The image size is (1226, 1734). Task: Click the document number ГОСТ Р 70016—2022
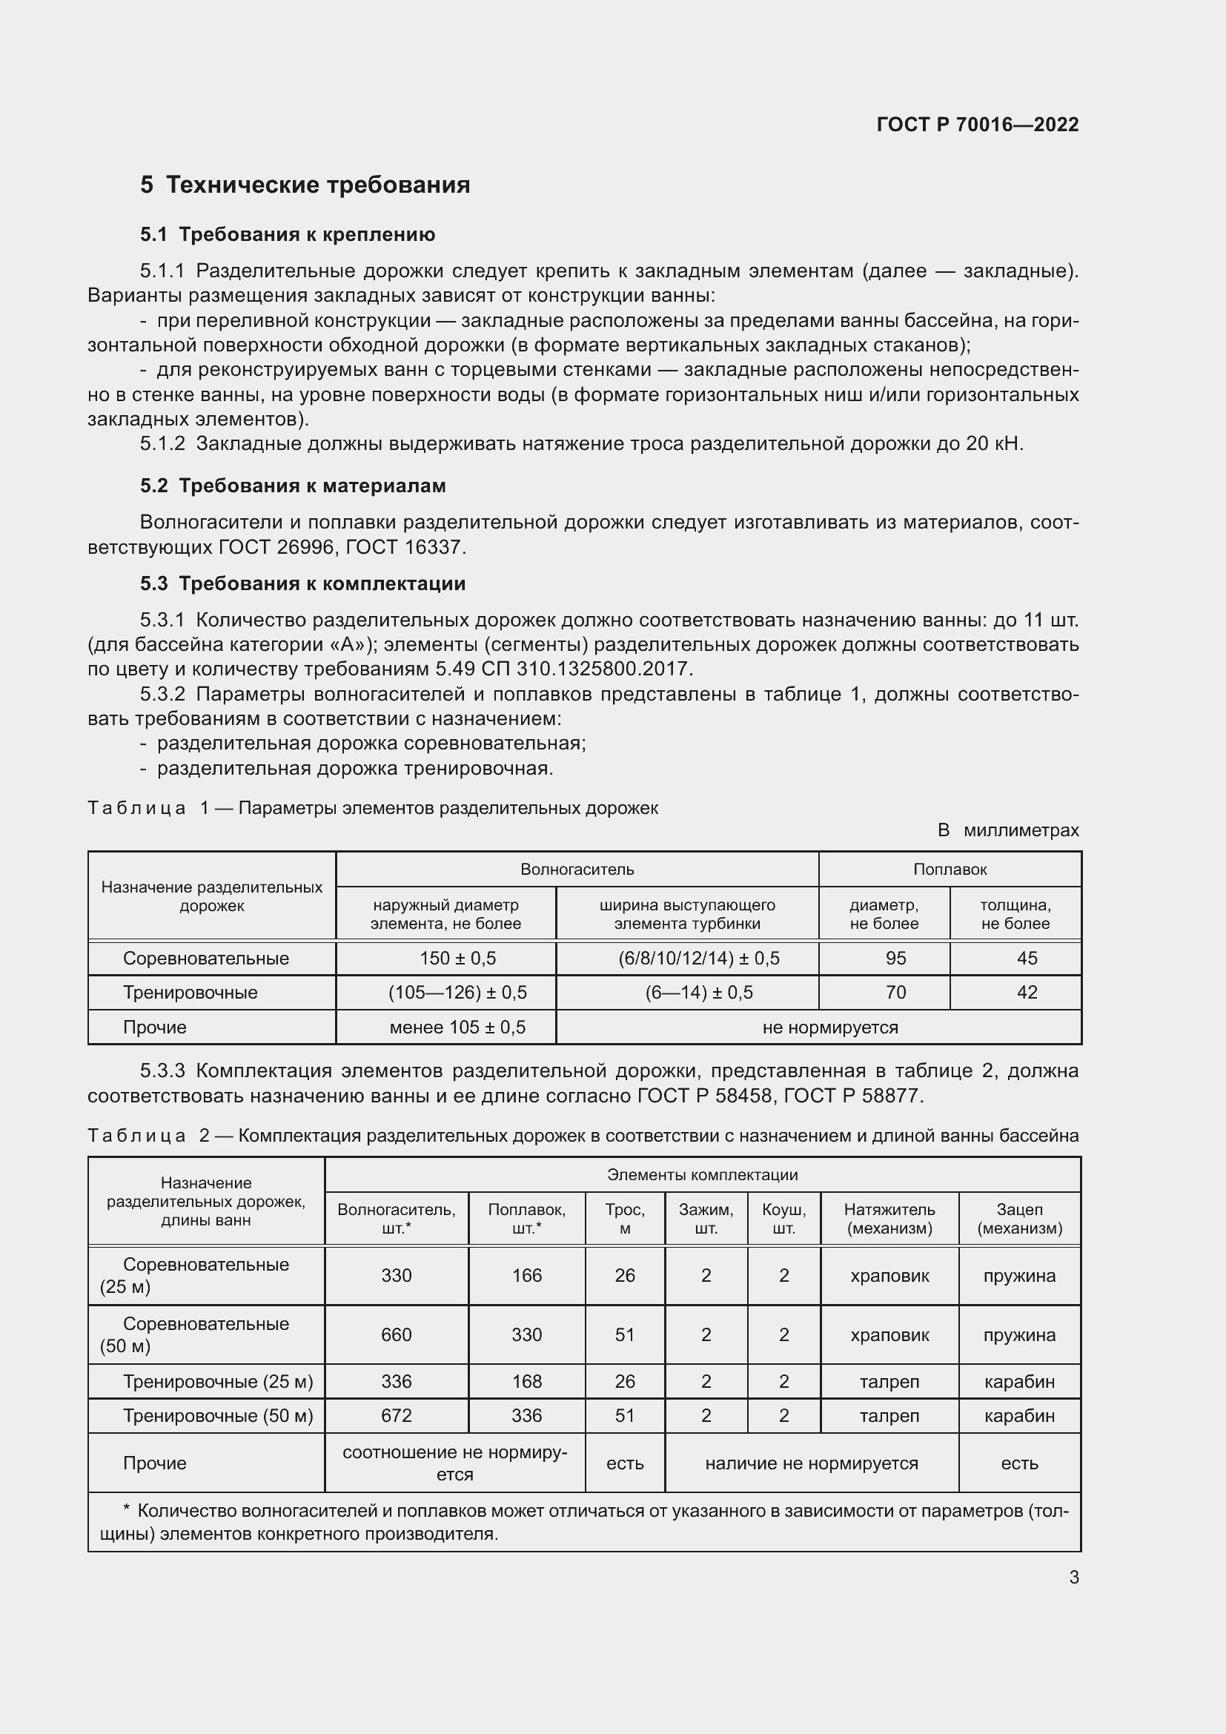click(977, 125)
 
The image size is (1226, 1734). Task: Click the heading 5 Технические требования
click(305, 185)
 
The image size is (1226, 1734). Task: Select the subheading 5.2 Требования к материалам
click(293, 486)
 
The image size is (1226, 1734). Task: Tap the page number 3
click(1073, 1577)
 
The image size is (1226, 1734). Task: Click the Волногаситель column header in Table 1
click(577, 870)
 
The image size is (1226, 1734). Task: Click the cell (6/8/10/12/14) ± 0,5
click(698, 959)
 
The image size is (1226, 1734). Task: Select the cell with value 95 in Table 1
click(895, 959)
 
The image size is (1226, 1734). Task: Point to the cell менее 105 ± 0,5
click(457, 1027)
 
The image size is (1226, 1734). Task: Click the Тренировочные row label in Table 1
click(190, 993)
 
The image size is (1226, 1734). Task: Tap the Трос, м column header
click(624, 1219)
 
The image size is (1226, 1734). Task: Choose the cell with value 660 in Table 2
click(396, 1334)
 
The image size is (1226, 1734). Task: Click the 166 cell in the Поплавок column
click(526, 1276)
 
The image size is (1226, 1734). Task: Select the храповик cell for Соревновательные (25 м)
click(889, 1276)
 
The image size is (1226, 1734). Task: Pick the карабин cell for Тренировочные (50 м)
click(1019, 1415)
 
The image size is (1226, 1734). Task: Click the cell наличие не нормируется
click(811, 1463)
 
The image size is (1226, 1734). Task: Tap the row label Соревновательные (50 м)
click(205, 1334)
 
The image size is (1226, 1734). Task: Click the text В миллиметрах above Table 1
click(1008, 830)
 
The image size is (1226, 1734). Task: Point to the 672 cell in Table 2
click(396, 1415)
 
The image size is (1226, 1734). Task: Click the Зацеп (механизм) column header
click(1019, 1219)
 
